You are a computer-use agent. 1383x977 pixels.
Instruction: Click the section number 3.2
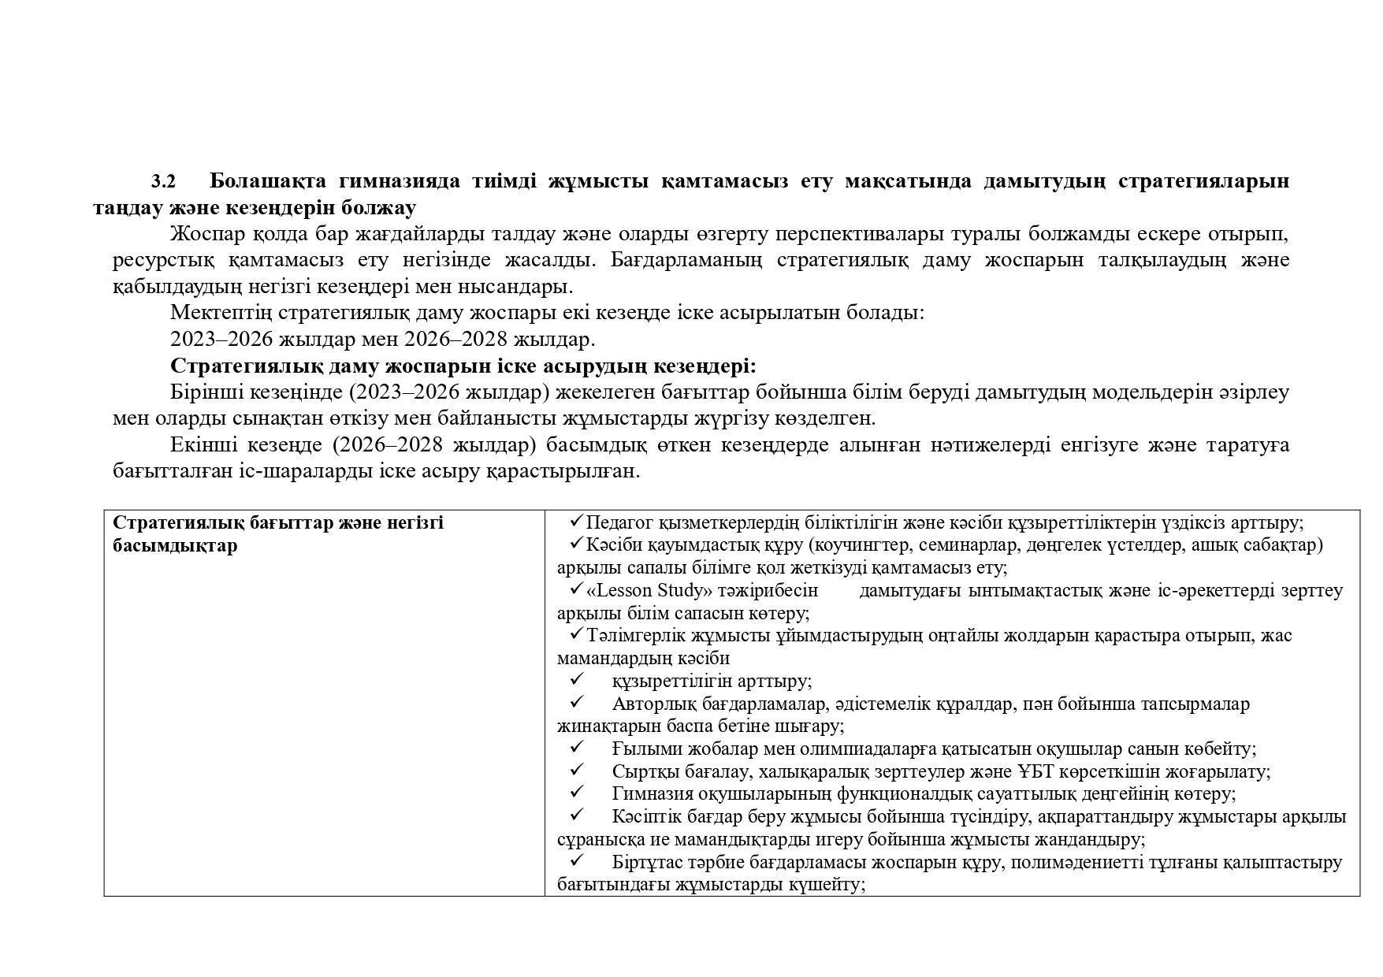163,181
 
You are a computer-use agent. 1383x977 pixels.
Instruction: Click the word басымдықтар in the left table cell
174,545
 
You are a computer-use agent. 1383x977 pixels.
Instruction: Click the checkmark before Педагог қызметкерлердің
576,522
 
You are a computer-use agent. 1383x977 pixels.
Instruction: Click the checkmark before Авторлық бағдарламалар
577,702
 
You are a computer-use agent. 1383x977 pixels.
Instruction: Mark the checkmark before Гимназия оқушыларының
577,793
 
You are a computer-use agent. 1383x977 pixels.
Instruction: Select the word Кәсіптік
645,816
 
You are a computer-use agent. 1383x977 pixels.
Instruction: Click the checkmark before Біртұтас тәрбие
577,860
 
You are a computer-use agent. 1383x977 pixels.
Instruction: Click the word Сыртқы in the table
641,771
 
